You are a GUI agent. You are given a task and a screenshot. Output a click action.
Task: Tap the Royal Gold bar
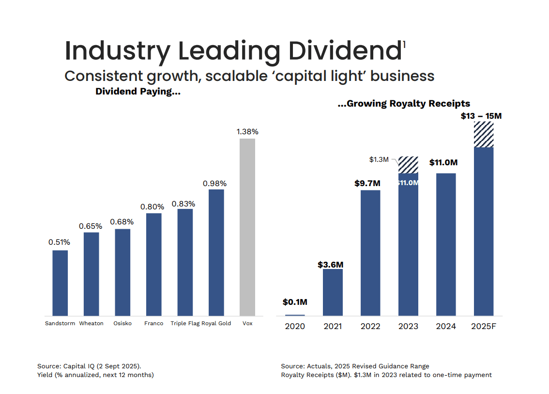(216, 252)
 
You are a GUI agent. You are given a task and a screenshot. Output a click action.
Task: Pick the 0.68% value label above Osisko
(122, 222)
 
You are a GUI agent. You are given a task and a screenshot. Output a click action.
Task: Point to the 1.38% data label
(247, 131)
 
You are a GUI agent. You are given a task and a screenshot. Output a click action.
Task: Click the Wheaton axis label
(91, 323)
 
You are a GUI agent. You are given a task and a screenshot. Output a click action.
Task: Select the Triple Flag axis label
(185, 323)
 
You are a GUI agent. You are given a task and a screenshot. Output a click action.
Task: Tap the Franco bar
(153, 264)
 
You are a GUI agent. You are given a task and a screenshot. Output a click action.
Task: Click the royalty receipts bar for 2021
(333, 292)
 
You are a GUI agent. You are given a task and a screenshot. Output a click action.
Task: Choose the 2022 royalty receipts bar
(370, 252)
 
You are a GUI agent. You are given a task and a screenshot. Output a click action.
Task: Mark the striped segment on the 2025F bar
(484, 134)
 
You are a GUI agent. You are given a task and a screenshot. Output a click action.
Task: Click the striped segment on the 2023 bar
(408, 165)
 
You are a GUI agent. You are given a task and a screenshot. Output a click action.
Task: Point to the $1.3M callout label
(379, 159)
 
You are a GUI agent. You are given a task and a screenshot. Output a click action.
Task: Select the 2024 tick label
(446, 326)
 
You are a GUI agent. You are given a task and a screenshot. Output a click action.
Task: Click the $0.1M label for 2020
(295, 302)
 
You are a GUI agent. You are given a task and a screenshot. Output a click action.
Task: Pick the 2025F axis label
(484, 326)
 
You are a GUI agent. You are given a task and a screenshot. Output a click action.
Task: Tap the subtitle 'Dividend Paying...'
(138, 92)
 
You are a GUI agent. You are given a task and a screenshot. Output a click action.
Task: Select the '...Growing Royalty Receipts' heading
(404, 103)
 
